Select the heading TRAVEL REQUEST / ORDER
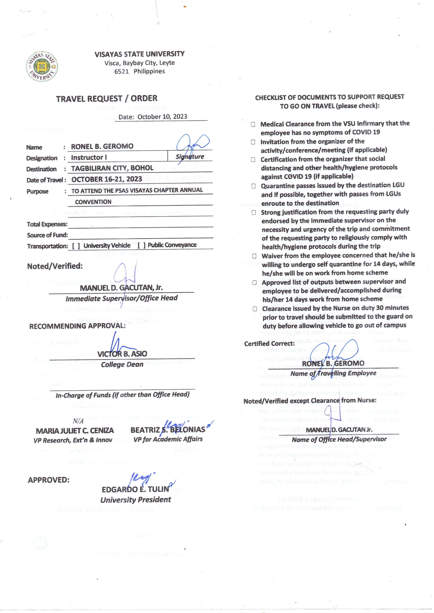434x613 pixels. (107, 99)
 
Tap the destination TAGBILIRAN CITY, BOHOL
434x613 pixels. (112, 168)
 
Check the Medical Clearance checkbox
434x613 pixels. (253, 124)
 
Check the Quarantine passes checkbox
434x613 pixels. (253, 186)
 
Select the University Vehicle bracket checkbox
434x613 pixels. (76, 246)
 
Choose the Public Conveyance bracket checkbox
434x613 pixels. (142, 245)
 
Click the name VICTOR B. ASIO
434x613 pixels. (122, 354)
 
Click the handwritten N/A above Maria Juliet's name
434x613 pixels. (78, 421)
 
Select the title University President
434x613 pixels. (136, 499)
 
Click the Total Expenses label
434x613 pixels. (47, 224)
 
